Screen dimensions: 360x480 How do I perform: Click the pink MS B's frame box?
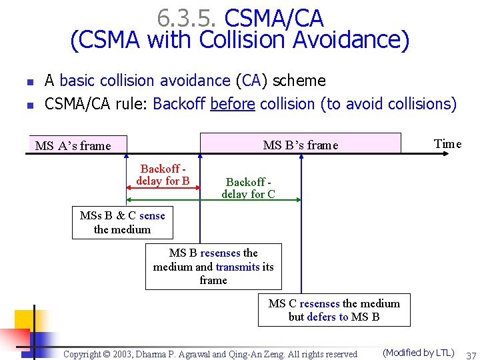click(301, 144)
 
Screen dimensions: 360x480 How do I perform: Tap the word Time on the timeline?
click(447, 144)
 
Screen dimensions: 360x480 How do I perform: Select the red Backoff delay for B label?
click(163, 175)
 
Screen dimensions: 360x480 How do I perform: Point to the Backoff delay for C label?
click(248, 188)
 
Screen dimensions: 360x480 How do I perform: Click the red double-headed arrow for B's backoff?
click(163, 189)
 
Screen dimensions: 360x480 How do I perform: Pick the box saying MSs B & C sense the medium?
click(123, 223)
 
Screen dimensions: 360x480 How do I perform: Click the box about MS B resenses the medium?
click(213, 267)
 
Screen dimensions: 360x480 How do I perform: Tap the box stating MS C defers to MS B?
click(334, 310)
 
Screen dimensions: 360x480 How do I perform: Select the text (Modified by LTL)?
click(418, 353)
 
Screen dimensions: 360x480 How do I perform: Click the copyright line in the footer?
click(210, 354)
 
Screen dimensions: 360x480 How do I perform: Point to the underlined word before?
click(233, 104)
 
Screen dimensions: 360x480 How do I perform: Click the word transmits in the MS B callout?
click(237, 267)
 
